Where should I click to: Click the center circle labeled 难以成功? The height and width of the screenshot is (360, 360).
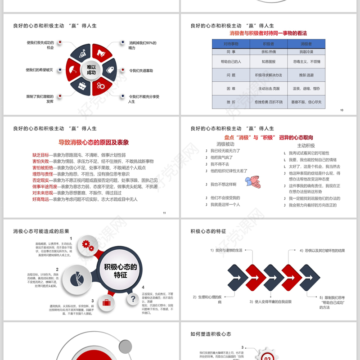(91, 70)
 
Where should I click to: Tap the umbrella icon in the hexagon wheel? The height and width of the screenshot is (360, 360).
(72, 70)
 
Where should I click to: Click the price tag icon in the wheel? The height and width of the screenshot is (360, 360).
(110, 70)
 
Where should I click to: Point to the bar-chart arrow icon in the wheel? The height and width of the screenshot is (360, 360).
(82, 54)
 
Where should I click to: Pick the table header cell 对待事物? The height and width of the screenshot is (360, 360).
(231, 44)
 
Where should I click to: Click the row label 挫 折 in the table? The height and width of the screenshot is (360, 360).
(231, 102)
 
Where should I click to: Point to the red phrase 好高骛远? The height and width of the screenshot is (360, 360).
(40, 199)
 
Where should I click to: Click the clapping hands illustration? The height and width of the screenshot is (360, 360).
(254, 181)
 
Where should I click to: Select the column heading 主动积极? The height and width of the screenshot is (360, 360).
(306, 145)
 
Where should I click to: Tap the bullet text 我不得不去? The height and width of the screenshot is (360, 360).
(220, 164)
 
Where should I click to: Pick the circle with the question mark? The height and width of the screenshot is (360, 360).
(133, 298)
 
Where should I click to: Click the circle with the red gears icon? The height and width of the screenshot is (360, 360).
(88, 246)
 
